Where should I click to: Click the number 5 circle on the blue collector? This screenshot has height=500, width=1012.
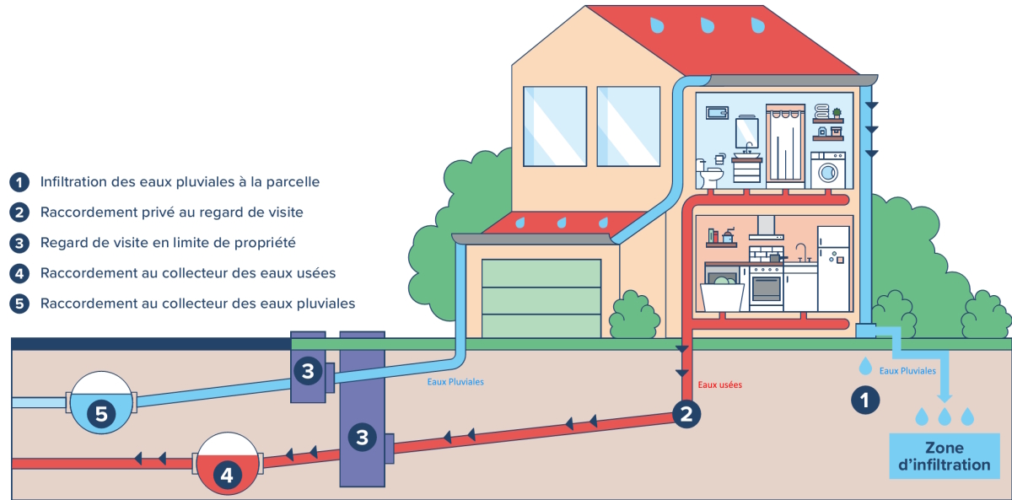101,413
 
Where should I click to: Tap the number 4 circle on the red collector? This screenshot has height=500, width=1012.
226,475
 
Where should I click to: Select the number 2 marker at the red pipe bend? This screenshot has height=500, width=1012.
686,413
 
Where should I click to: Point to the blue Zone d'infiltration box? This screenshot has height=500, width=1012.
945,455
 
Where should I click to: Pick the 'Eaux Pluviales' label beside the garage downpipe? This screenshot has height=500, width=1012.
455,381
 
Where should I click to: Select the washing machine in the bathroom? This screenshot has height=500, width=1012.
829,170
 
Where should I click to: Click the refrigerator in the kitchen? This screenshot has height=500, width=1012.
833,267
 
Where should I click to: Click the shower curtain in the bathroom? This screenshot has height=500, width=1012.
786,148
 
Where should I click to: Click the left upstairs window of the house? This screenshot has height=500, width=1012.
554,126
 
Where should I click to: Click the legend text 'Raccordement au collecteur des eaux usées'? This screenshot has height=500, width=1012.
188,273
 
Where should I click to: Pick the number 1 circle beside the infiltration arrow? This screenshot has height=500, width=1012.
864,399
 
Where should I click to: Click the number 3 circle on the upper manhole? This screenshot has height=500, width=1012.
308,370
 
